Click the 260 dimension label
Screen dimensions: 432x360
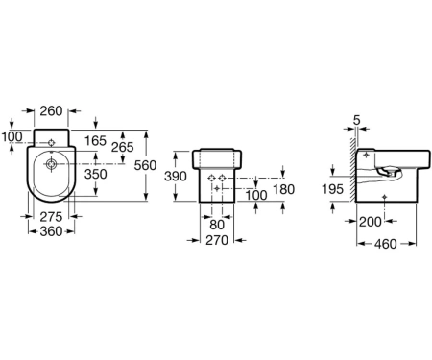51,111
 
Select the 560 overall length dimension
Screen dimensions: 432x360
145,165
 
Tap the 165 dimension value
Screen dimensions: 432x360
95,140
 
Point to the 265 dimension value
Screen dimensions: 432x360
123,147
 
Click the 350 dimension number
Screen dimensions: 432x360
95,174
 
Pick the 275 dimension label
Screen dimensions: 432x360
51,217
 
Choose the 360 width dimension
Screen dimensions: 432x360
51,231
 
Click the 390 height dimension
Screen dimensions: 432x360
176,176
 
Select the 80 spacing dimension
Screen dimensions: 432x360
217,225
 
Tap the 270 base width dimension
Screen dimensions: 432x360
217,240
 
